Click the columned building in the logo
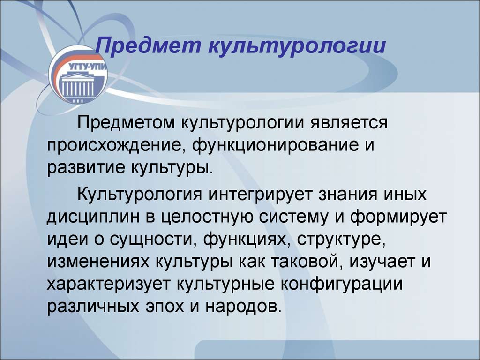pos(77,85)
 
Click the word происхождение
pos(116,146)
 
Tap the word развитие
pos(86,168)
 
